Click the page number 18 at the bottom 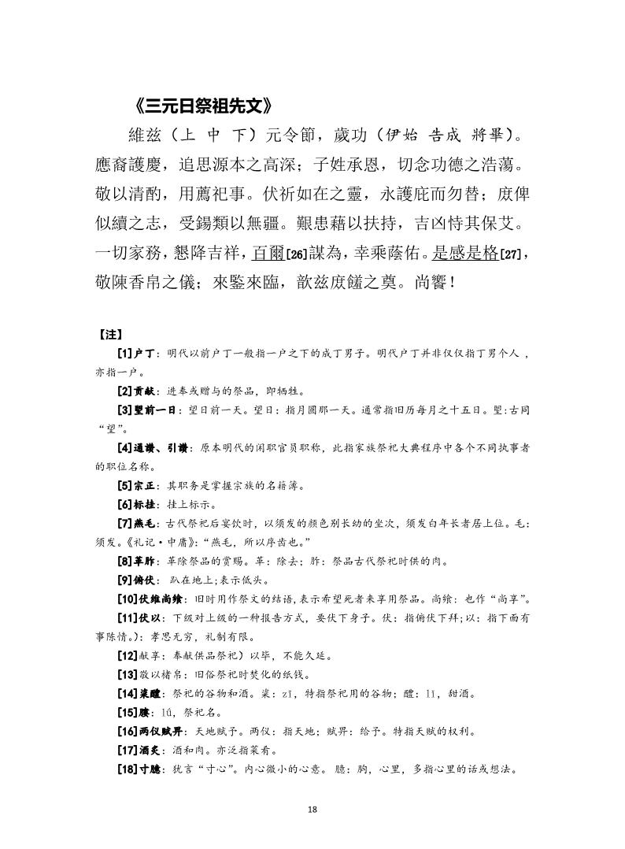[x=312, y=809]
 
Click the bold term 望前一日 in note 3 [x=157, y=410]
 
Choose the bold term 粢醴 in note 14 [x=150, y=693]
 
